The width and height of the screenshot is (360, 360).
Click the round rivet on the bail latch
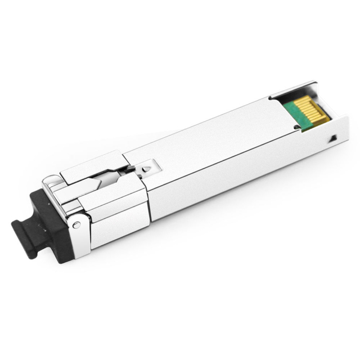[76, 224]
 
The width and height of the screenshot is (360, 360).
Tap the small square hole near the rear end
[332, 138]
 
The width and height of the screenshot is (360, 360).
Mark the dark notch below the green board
[296, 128]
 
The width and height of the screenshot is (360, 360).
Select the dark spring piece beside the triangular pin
[130, 168]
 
